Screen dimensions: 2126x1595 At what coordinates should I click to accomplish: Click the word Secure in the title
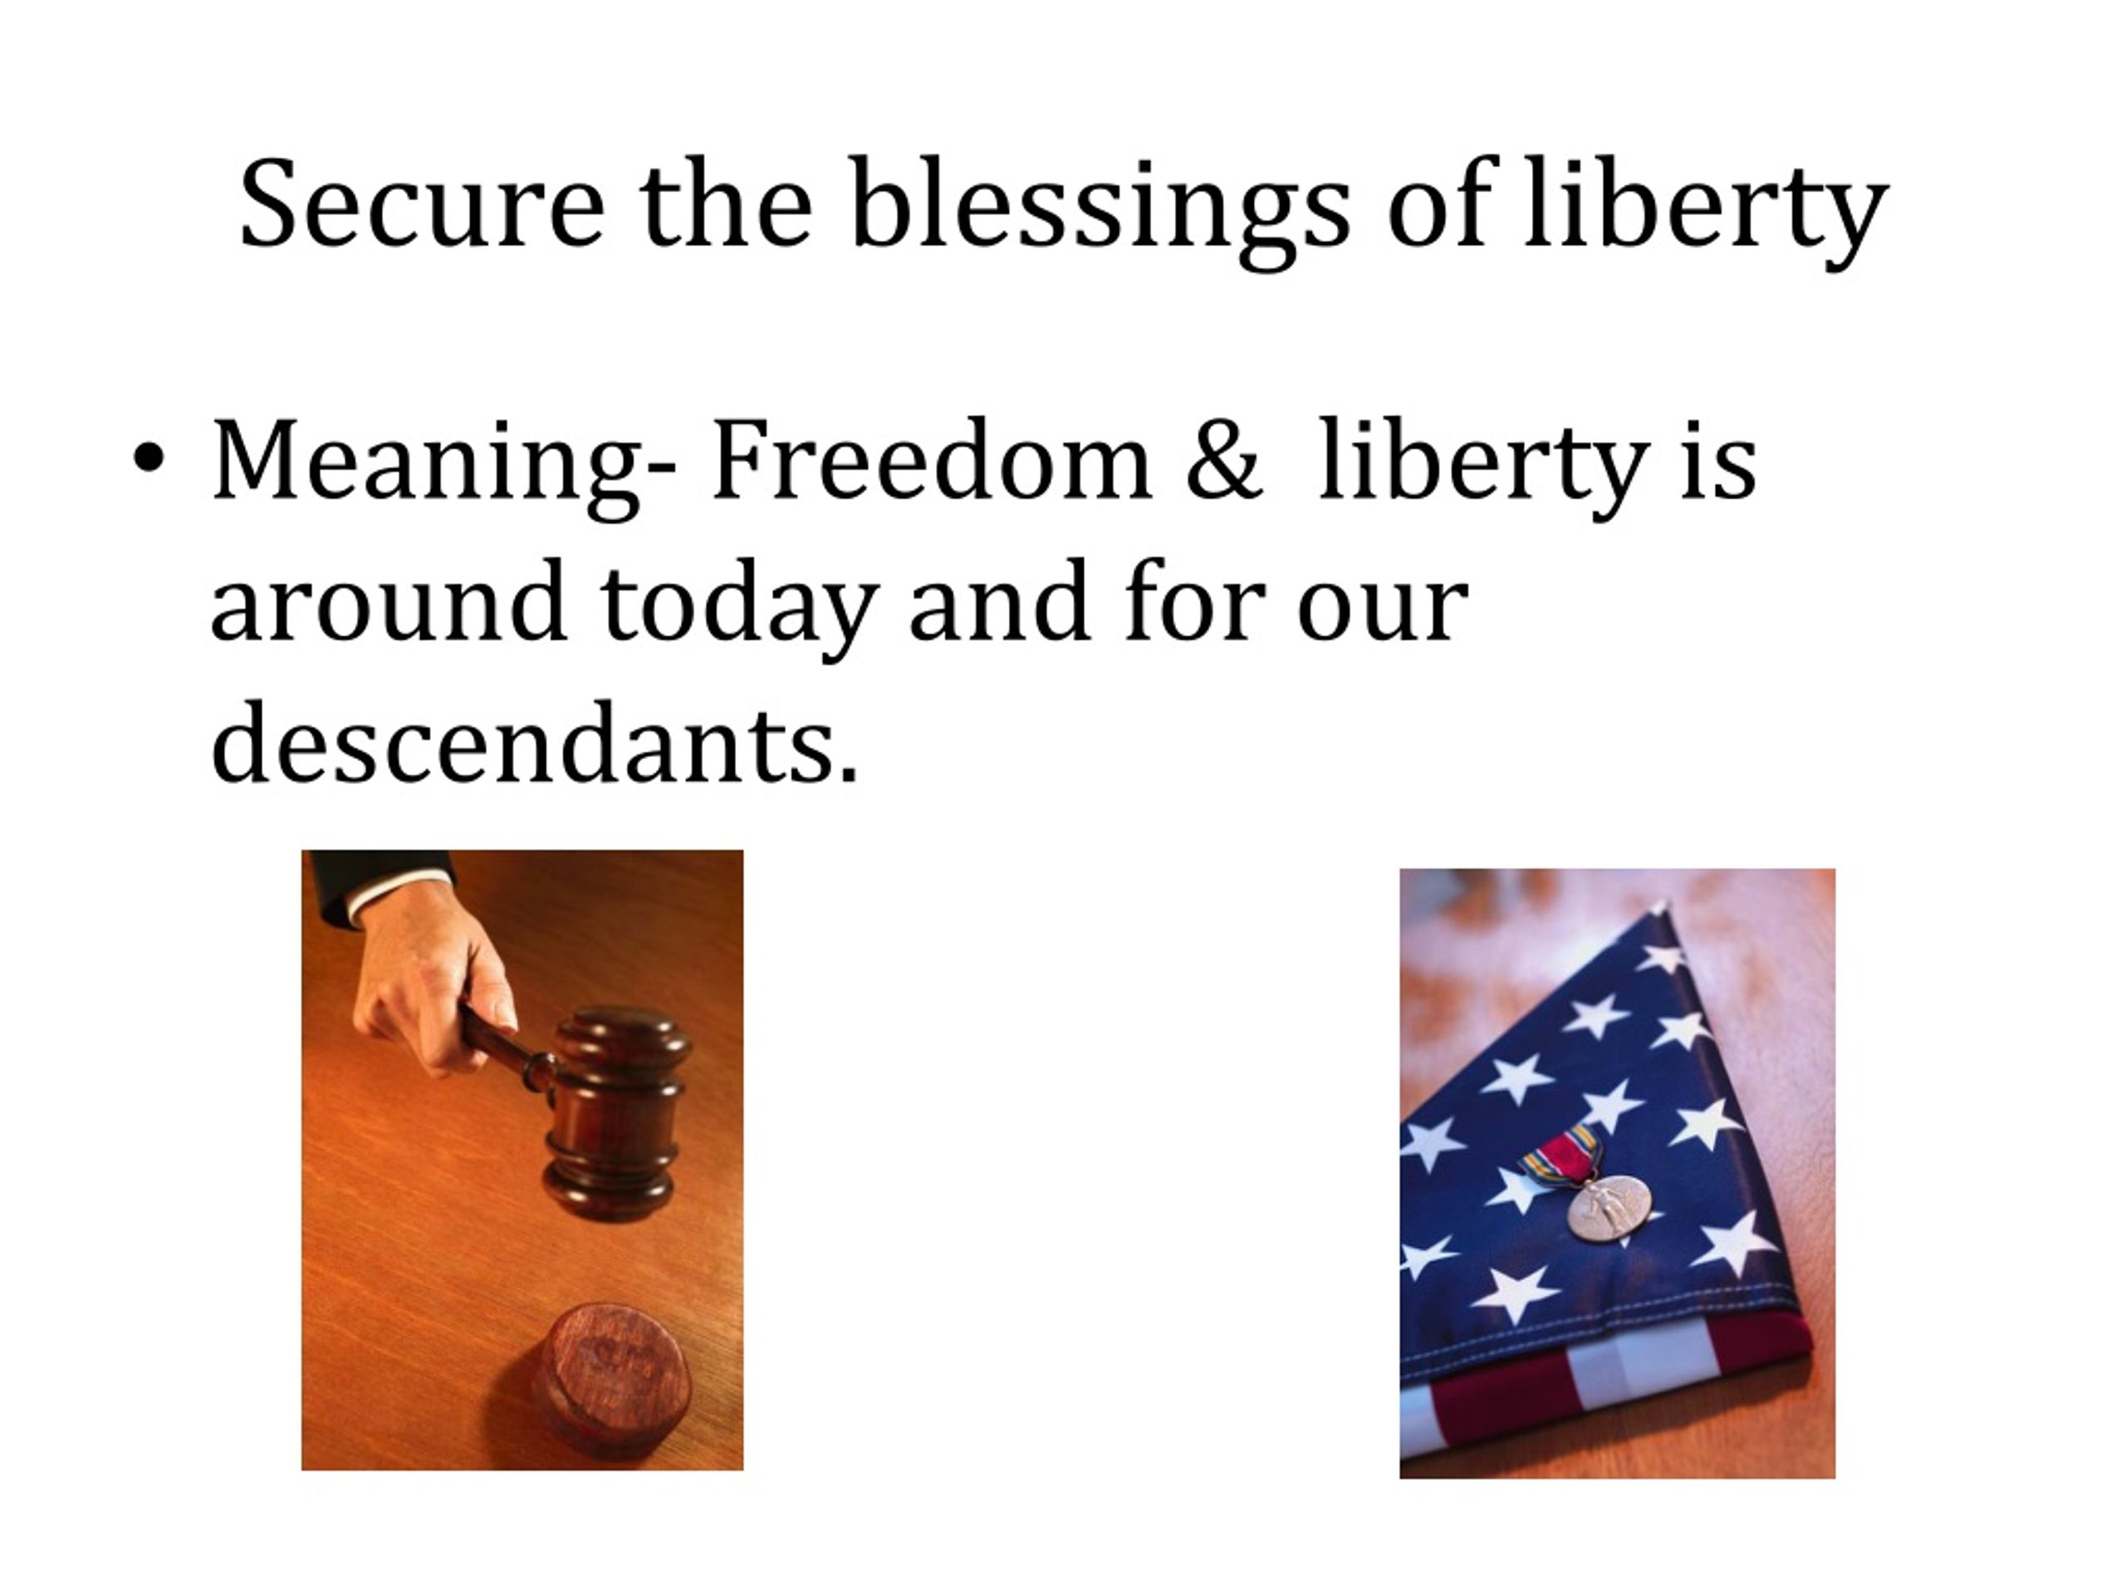pos(422,204)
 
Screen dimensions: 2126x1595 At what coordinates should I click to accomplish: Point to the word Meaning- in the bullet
pos(444,467)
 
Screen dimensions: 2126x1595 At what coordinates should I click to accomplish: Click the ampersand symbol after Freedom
pos(1222,459)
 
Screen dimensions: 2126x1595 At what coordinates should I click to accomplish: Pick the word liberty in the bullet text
pos(1483,467)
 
